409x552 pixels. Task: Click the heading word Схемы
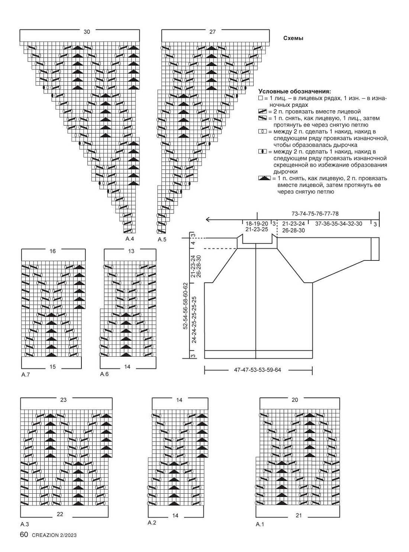[293, 38]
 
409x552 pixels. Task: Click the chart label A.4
[130, 239]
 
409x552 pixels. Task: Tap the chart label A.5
[162, 240]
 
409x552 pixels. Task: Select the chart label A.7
[26, 374]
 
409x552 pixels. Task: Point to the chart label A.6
[104, 374]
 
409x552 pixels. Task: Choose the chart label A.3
[25, 525]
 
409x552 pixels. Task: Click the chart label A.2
[152, 523]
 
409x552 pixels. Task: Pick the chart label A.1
[260, 525]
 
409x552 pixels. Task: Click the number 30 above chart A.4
[87, 32]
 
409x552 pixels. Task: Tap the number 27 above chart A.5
[212, 32]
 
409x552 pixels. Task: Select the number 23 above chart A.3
[63, 400]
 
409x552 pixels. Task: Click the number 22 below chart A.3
[60, 514]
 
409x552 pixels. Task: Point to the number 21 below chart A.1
[299, 515]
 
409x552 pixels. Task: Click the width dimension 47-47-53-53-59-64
[257, 370]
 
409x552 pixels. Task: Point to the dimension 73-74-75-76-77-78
[315, 214]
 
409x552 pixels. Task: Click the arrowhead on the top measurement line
[207, 220]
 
